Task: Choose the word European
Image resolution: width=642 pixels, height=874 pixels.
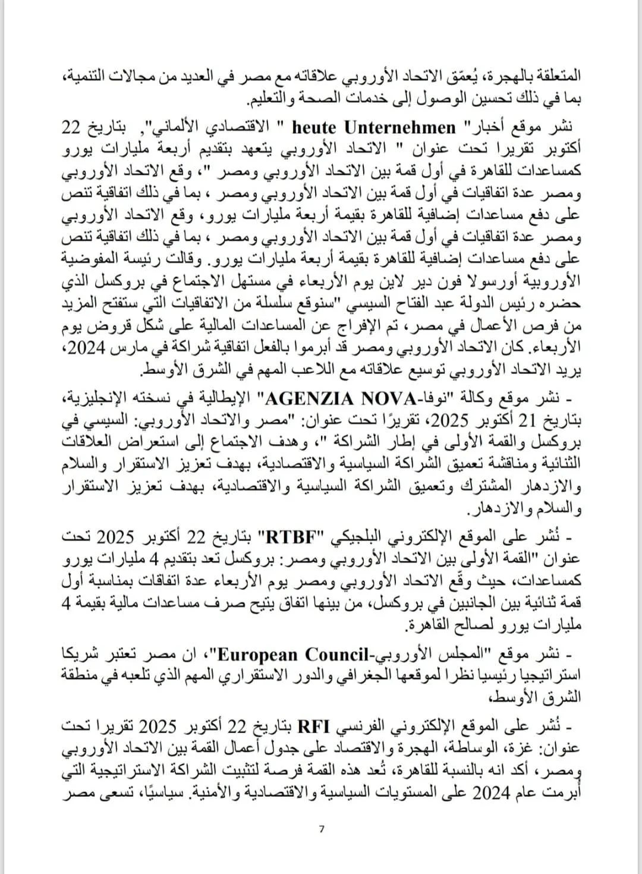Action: coord(258,655)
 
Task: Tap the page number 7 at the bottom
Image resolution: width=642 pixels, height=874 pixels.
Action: coord(322,829)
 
